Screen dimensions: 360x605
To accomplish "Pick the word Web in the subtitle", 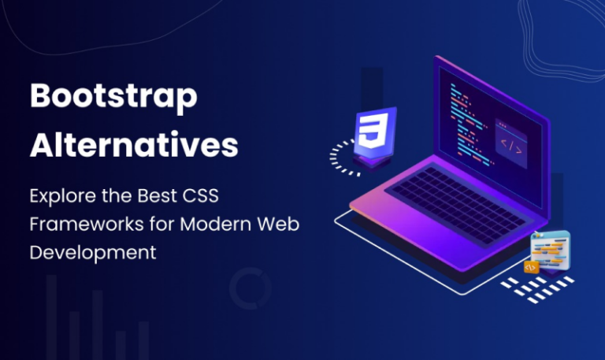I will tap(280, 224).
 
